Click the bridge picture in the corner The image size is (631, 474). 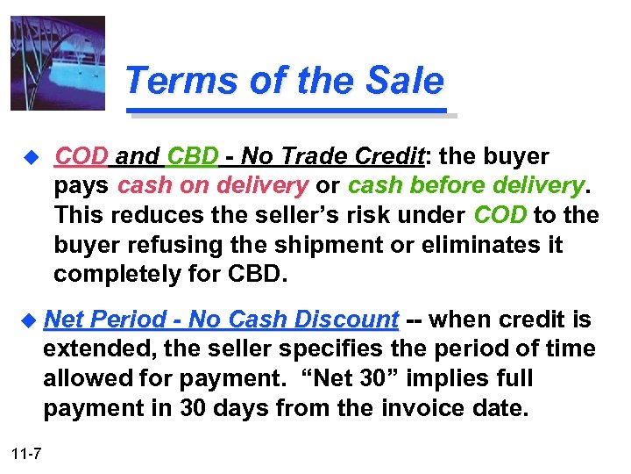click(58, 62)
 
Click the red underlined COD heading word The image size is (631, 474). click(82, 157)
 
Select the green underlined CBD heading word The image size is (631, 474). click(191, 157)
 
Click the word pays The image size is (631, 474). click(82, 186)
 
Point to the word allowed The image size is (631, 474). click(87, 379)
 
